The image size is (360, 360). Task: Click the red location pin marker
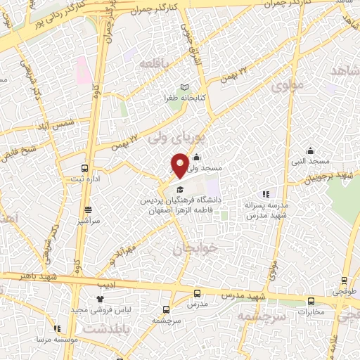pyautogui.click(x=180, y=165)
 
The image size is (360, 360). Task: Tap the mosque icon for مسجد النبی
pyautogui.click(x=310, y=150)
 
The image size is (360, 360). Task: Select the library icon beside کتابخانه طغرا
pyautogui.click(x=185, y=87)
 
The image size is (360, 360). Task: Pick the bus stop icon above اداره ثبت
pyautogui.click(x=85, y=169)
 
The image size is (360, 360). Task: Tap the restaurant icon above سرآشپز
pyautogui.click(x=88, y=210)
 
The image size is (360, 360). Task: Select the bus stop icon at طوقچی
pyautogui.click(x=345, y=279)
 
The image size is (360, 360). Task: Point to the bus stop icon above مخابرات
pyautogui.click(x=311, y=301)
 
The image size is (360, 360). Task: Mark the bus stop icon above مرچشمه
pyautogui.click(x=167, y=309)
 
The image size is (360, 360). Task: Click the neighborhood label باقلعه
pyautogui.click(x=155, y=64)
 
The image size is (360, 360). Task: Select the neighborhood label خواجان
pyautogui.click(x=192, y=248)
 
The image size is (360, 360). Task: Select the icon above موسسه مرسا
pyautogui.click(x=57, y=328)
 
